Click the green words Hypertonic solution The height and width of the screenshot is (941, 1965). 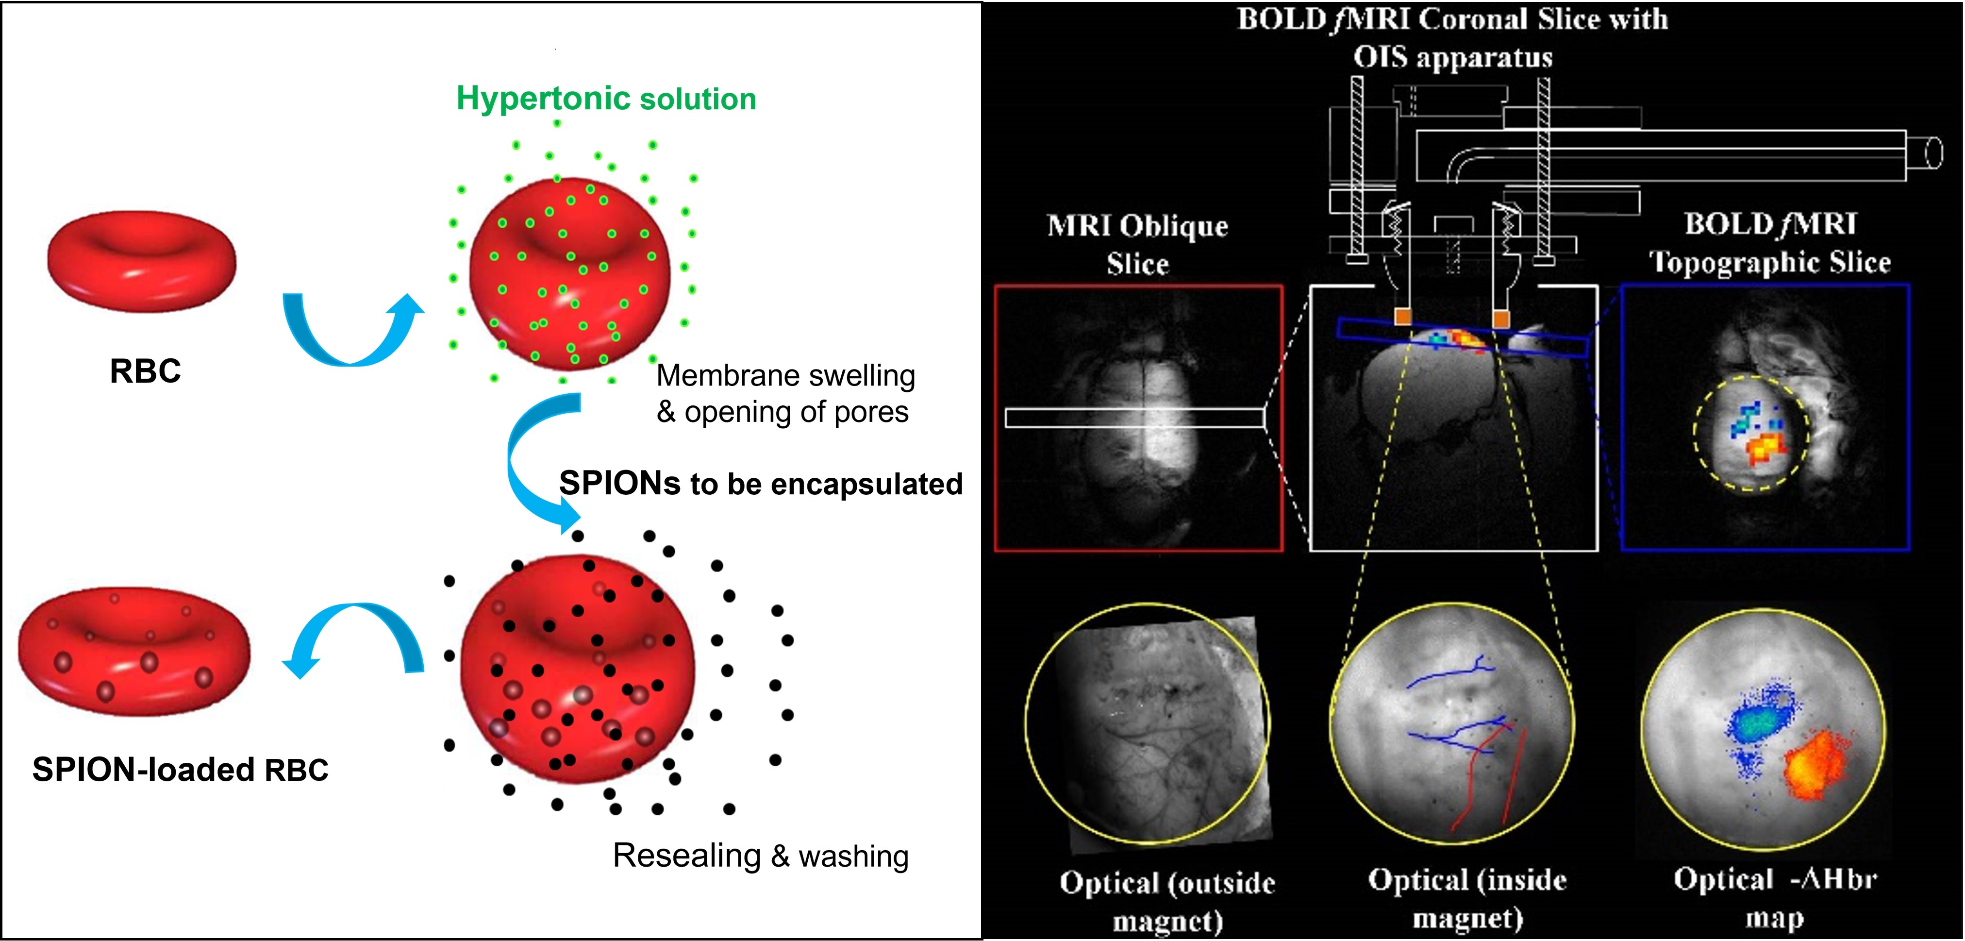(x=606, y=99)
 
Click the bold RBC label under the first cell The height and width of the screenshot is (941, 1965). (x=145, y=371)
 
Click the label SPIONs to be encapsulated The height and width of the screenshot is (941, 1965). (x=761, y=484)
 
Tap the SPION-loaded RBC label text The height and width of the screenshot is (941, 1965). (x=180, y=769)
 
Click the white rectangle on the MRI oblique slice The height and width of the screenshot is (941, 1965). (x=1134, y=418)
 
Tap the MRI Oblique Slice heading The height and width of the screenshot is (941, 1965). (x=1137, y=244)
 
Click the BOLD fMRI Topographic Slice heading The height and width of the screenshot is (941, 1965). (x=1770, y=243)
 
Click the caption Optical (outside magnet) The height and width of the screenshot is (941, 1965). (x=1167, y=901)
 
